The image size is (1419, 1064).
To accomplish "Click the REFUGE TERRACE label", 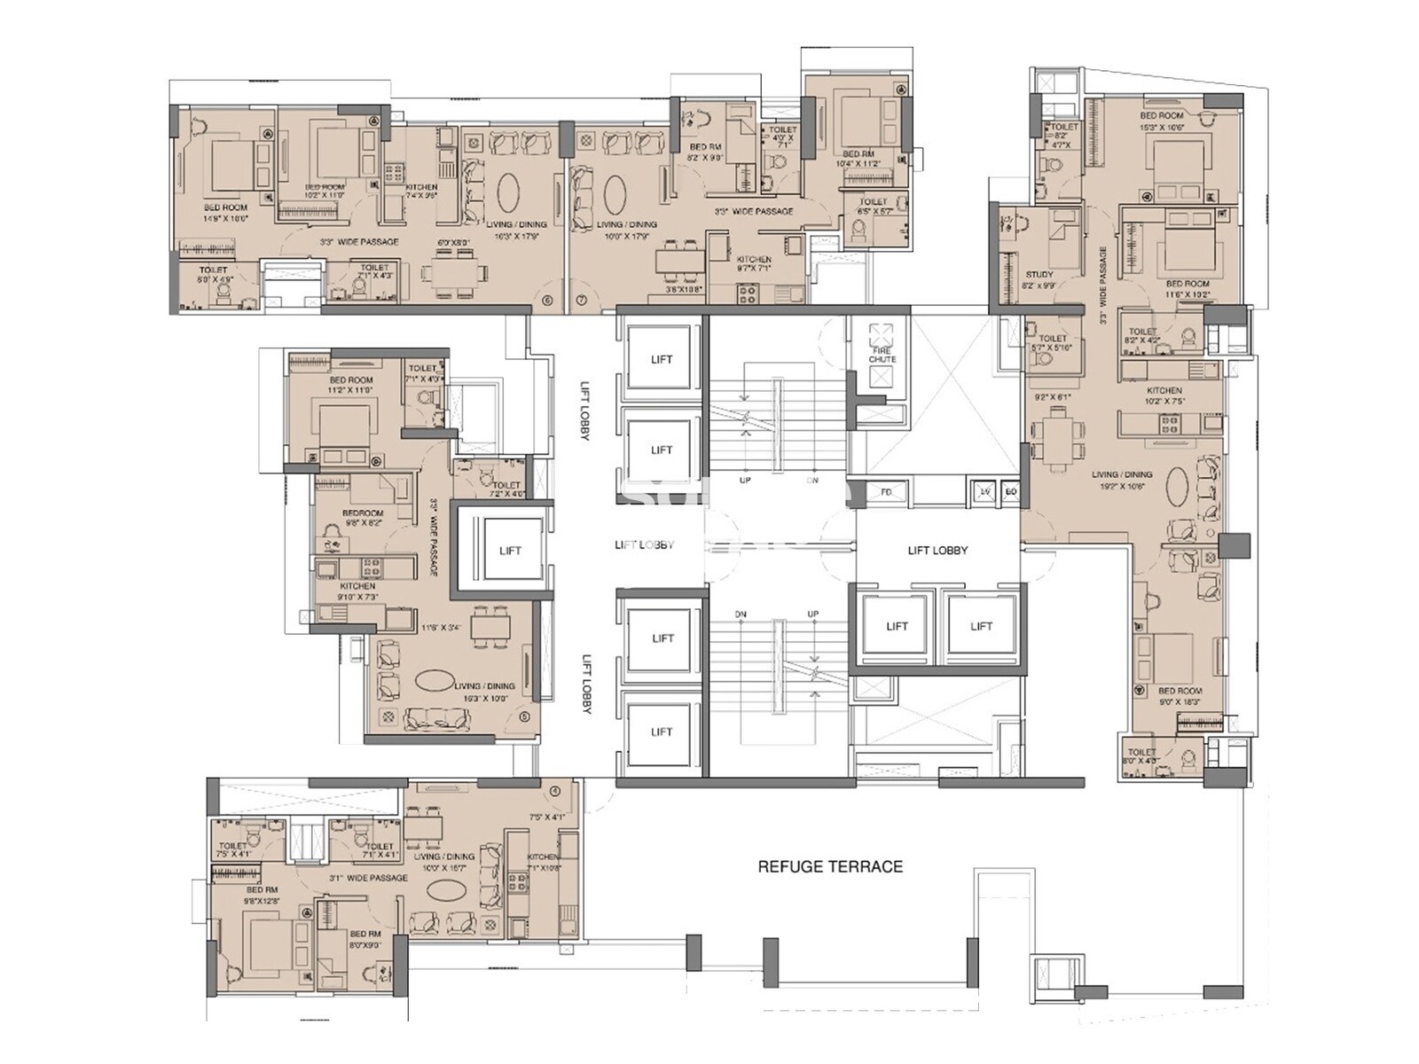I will click(x=829, y=866).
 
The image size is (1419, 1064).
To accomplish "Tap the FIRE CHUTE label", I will click(x=882, y=355).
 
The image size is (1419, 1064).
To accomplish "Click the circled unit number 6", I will click(x=546, y=301).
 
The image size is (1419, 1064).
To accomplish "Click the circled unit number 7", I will click(x=582, y=301).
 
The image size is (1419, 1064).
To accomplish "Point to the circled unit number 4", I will click(x=554, y=791).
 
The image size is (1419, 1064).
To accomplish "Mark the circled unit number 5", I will click(x=524, y=717).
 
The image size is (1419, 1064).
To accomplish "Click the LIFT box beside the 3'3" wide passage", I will click(x=510, y=551).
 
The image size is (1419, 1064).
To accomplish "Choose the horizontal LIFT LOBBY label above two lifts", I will click(x=937, y=550).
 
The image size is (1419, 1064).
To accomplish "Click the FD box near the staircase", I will click(x=885, y=492).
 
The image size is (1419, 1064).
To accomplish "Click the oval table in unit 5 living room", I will click(x=440, y=681).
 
